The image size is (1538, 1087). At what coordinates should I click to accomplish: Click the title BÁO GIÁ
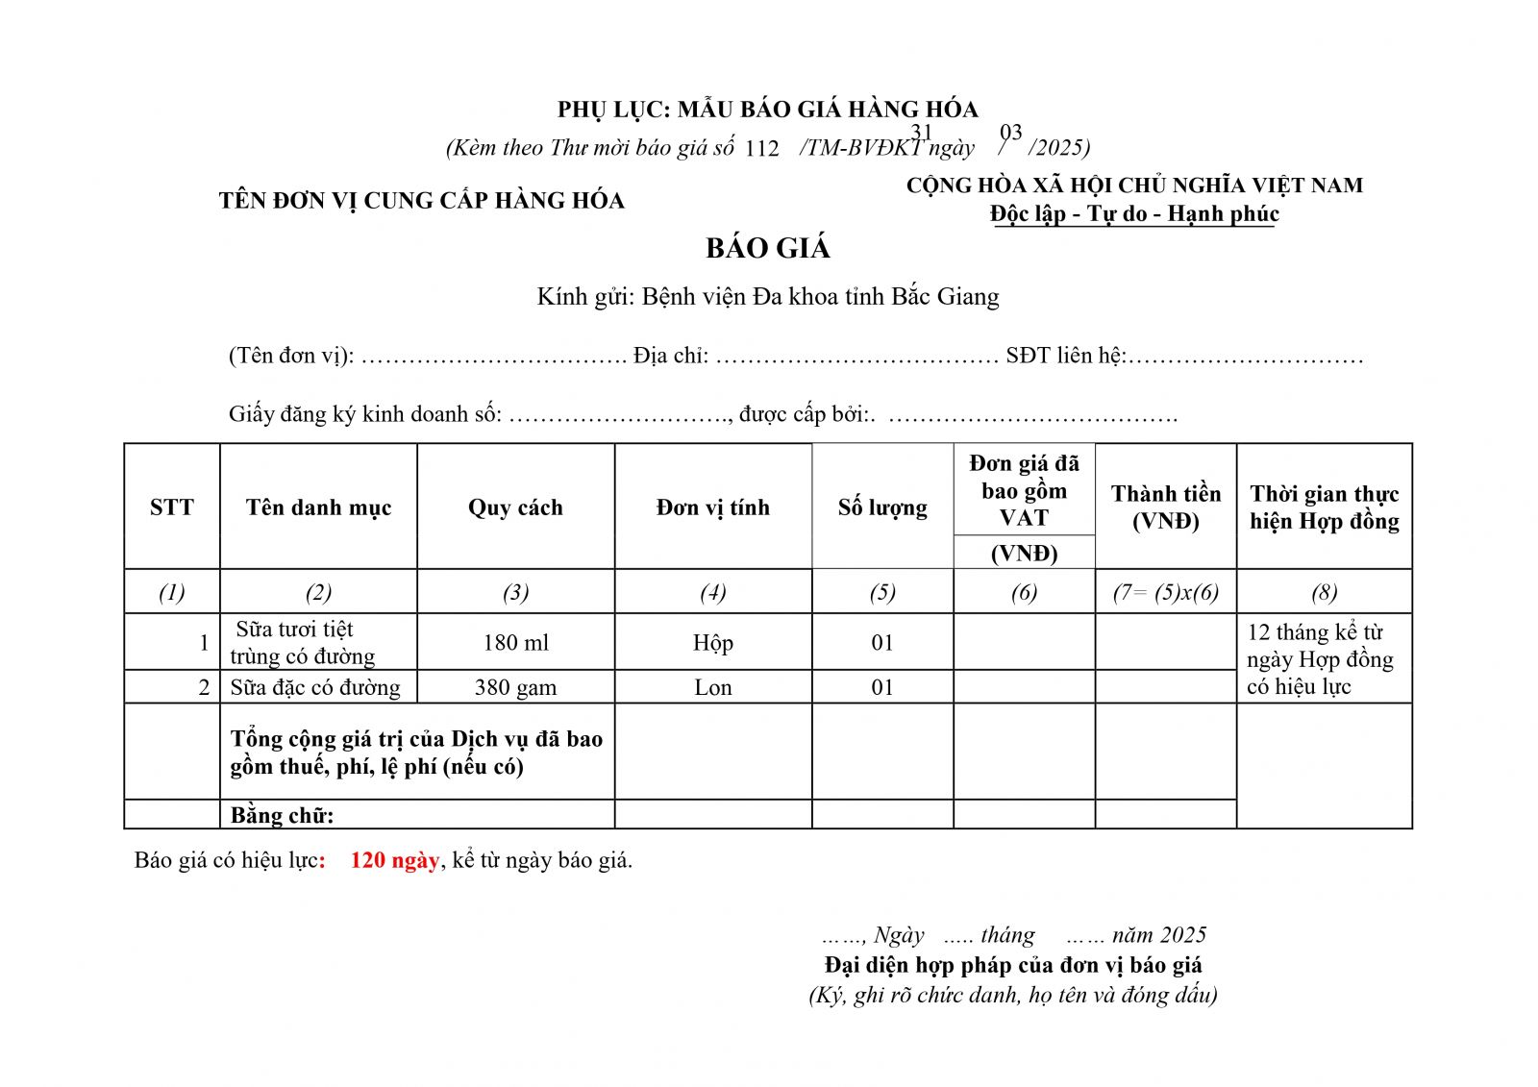pyautogui.click(x=767, y=248)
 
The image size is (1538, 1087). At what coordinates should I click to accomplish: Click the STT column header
pyautogui.click(x=172, y=507)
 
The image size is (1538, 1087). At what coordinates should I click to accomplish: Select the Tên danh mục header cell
pyautogui.click(x=318, y=507)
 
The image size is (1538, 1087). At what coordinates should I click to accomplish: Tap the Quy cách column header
pyautogui.click(x=515, y=507)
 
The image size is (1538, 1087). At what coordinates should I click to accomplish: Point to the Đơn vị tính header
pyautogui.click(x=712, y=507)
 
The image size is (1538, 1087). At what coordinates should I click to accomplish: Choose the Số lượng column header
pyautogui.click(x=882, y=507)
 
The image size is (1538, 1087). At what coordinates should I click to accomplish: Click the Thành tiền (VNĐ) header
pyautogui.click(x=1165, y=507)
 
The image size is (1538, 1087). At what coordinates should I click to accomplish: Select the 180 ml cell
pyautogui.click(x=515, y=642)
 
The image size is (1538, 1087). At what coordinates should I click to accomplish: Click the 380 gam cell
pyautogui.click(x=515, y=687)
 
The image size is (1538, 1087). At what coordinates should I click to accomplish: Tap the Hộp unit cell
pyautogui.click(x=712, y=642)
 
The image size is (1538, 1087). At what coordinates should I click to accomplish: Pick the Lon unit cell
pyautogui.click(x=712, y=687)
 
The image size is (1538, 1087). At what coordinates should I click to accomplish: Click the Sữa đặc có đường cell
pyautogui.click(x=315, y=687)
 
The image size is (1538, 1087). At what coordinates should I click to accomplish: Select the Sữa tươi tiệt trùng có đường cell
pyautogui.click(x=302, y=642)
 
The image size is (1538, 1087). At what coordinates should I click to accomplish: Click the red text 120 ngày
pyautogui.click(x=394, y=860)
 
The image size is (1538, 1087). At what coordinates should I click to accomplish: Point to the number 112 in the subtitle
pyautogui.click(x=761, y=149)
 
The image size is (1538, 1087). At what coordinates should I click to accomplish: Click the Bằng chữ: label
pyautogui.click(x=282, y=815)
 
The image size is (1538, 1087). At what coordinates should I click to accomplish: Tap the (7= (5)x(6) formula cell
pyautogui.click(x=1165, y=592)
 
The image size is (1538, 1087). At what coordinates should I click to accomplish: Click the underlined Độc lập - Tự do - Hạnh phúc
pyautogui.click(x=1134, y=213)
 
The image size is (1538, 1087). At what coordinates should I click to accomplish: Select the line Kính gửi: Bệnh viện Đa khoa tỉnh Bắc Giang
pyautogui.click(x=767, y=296)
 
